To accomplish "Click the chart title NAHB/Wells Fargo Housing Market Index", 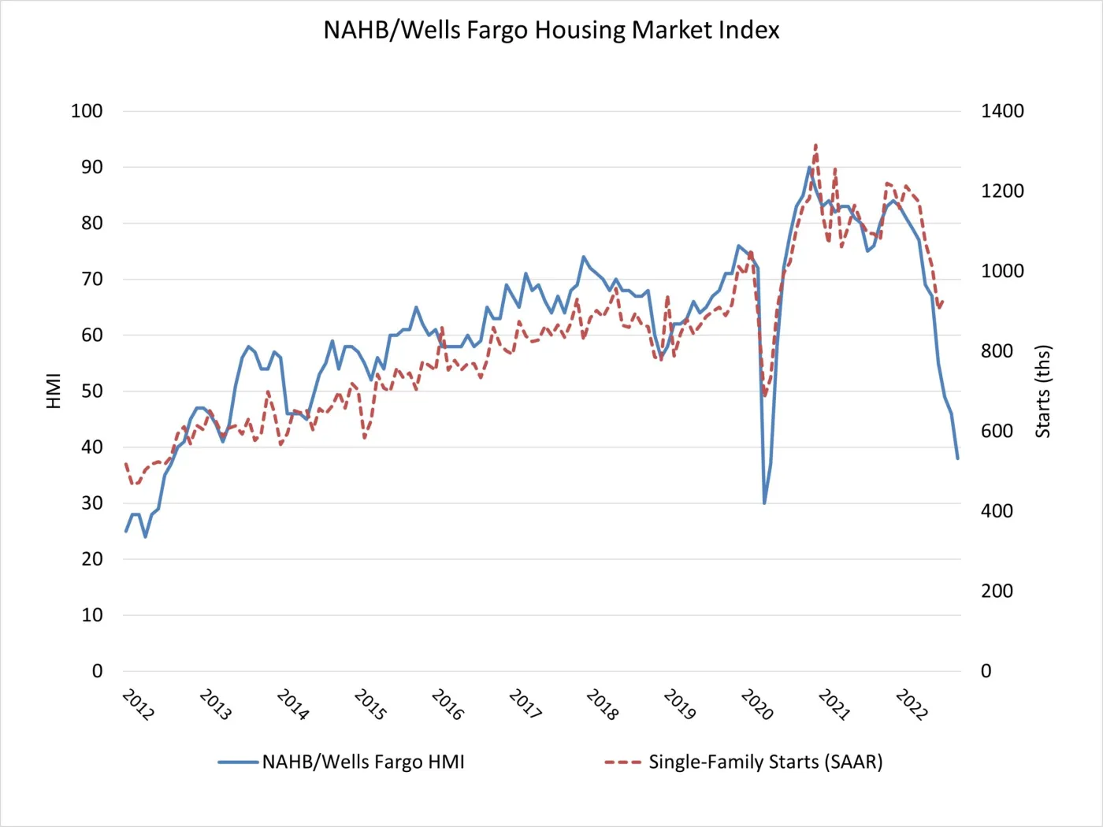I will [x=551, y=30].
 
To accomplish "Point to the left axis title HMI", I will [x=54, y=391].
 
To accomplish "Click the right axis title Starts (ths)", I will [x=1043, y=391].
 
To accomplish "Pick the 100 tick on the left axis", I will [x=87, y=111].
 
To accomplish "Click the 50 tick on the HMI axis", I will [x=92, y=391].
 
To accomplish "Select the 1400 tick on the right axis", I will [x=1002, y=111].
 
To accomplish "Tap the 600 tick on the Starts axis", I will [x=997, y=432].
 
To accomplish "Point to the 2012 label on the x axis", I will [x=139, y=705].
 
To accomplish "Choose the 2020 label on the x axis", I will [x=757, y=705].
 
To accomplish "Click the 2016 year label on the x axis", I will [x=448, y=705].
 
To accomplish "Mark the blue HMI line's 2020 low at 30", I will [x=764, y=503].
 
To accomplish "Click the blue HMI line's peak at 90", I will [x=809, y=167].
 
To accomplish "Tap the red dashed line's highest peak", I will [x=815, y=145].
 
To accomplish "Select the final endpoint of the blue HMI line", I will [x=957, y=458].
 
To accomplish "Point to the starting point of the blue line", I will [x=126, y=532].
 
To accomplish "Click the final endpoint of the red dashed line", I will [x=943, y=300].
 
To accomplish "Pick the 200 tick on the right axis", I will [x=997, y=592].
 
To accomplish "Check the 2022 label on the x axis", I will [x=912, y=705].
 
